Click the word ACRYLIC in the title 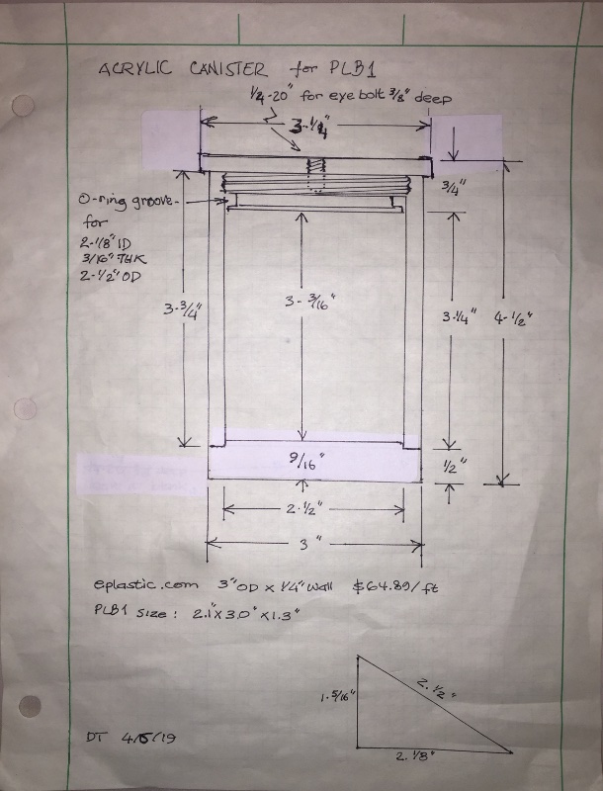[133, 70]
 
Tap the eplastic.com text [129, 585]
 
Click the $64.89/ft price [395, 585]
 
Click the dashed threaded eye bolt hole [314, 175]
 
